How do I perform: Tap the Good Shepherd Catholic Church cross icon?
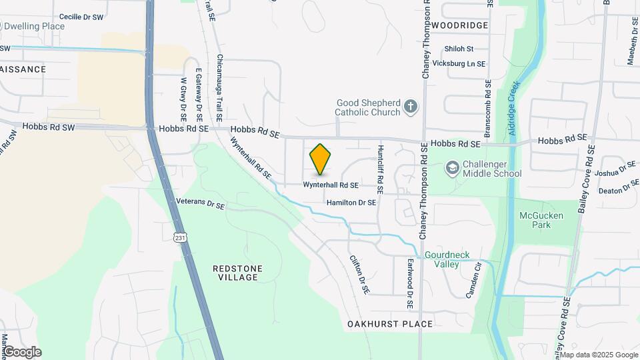pyautogui.click(x=411, y=105)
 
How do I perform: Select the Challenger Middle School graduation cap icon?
pyautogui.click(x=453, y=167)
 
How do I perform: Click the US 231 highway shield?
pyautogui.click(x=180, y=237)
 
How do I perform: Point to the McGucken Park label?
pyautogui.click(x=541, y=220)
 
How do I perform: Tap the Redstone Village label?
pyautogui.click(x=237, y=273)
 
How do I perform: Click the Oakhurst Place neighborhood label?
pyautogui.click(x=390, y=324)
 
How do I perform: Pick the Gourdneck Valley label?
pyautogui.click(x=442, y=260)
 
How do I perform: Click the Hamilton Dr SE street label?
pyautogui.click(x=351, y=202)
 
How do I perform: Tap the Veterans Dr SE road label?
pyautogui.click(x=200, y=204)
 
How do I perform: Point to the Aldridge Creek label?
pyautogui.click(x=513, y=110)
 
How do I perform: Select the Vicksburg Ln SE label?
pyautogui.click(x=459, y=63)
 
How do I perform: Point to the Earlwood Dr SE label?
pyautogui.click(x=410, y=283)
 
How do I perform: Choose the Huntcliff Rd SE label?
pyautogui.click(x=380, y=169)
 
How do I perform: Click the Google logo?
pyautogui.click(x=21, y=352)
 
